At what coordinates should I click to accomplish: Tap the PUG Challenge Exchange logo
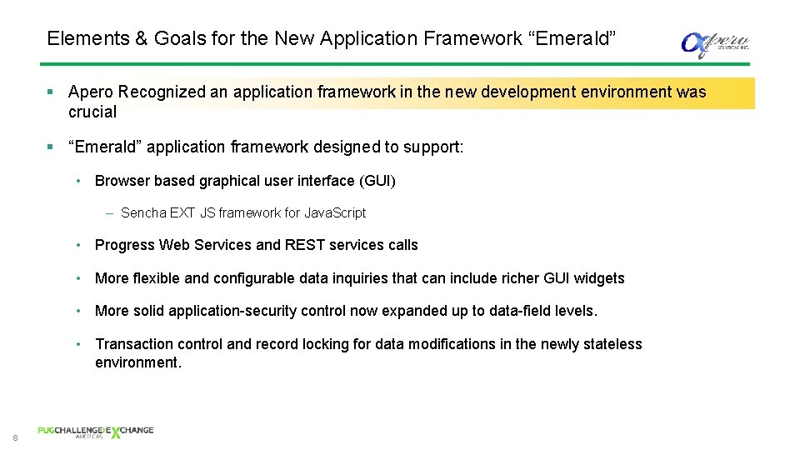(x=95, y=432)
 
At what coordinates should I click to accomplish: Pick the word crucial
(x=92, y=112)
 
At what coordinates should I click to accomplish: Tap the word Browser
(x=122, y=181)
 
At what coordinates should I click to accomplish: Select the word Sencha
(x=143, y=213)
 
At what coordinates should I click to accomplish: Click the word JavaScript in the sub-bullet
(x=335, y=213)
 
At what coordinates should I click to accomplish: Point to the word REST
(x=306, y=245)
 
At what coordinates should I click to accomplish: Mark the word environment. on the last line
(x=138, y=362)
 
